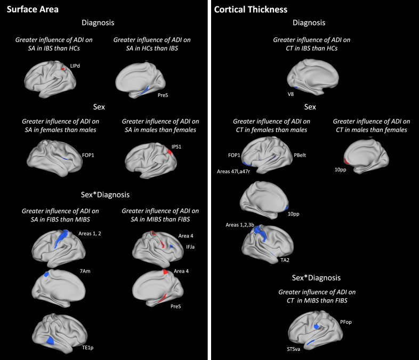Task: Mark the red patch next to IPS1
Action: point(170,152)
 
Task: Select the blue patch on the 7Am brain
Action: point(47,274)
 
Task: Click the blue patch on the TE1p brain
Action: point(51,339)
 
